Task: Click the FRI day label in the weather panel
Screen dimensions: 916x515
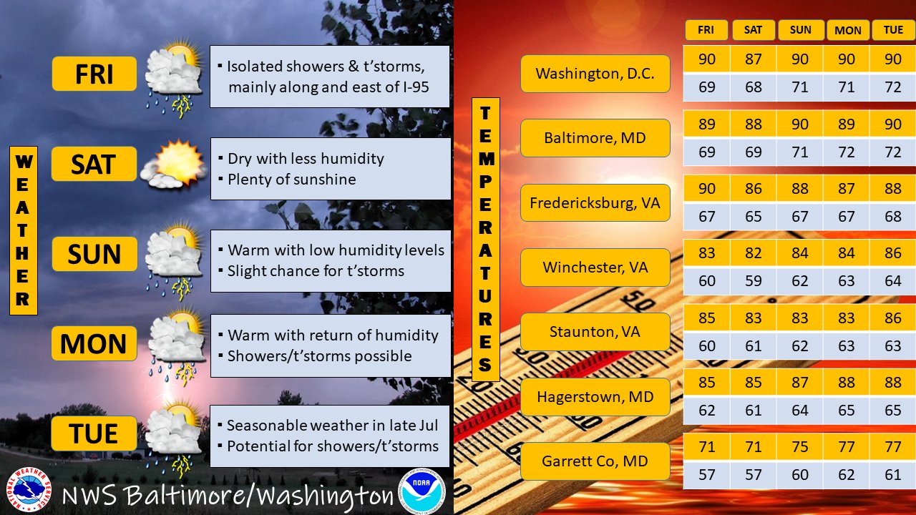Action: [x=94, y=74]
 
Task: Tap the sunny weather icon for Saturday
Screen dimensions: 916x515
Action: [x=174, y=165]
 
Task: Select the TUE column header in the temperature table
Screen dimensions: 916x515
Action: [x=893, y=30]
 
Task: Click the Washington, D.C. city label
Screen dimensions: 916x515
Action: [x=595, y=74]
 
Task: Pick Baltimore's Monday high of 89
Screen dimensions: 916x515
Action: [x=846, y=124]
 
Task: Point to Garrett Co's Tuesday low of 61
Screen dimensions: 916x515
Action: [x=892, y=475]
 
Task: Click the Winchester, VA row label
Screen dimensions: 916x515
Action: [x=595, y=268]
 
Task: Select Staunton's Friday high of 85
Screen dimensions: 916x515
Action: [x=706, y=318]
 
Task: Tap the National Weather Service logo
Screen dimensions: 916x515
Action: [x=29, y=489]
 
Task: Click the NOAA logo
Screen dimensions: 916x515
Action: [x=421, y=491]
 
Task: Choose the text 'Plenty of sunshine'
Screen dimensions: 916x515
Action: [x=291, y=180]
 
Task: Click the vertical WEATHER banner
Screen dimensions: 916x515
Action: [x=24, y=230]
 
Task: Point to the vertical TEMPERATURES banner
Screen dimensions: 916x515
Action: [x=485, y=239]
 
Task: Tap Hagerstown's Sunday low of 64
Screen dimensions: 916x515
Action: [x=799, y=410]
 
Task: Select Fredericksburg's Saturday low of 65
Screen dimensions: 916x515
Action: [x=753, y=216]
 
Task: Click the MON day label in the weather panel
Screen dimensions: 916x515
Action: [x=94, y=343]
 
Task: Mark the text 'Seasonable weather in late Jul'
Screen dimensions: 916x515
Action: [x=332, y=426]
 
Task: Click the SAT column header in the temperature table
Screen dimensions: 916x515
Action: [x=753, y=30]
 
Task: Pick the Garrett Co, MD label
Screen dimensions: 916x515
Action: [x=595, y=461]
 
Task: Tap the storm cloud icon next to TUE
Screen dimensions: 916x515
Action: [x=173, y=439]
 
